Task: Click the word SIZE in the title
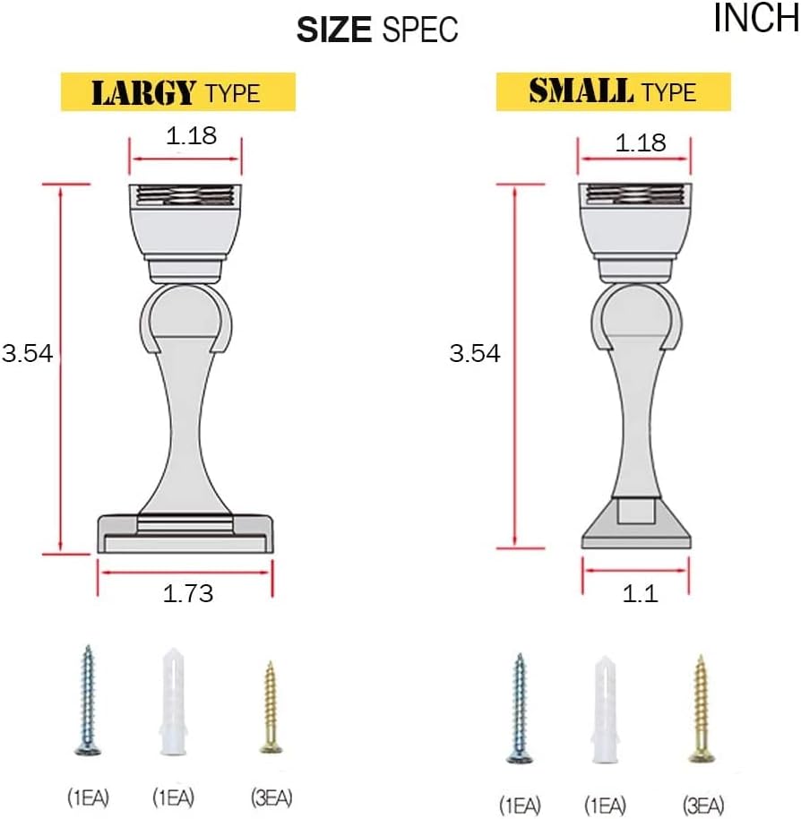click(x=333, y=30)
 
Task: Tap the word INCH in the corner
click(x=756, y=18)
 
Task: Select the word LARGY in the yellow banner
click(x=144, y=92)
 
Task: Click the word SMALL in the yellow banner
click(x=581, y=91)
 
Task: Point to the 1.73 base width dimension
click(x=188, y=594)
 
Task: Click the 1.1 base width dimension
click(x=641, y=594)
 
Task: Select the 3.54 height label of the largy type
click(x=27, y=354)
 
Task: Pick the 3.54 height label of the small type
click(x=475, y=354)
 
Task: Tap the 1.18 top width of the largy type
click(x=191, y=136)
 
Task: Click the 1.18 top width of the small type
click(x=641, y=142)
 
